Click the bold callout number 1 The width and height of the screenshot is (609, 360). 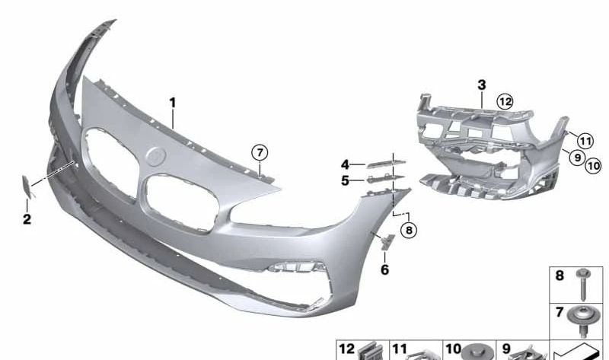(x=173, y=103)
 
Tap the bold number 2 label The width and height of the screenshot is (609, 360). (x=27, y=219)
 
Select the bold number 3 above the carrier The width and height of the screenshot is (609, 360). (x=482, y=84)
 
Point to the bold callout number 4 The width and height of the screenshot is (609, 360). (x=345, y=164)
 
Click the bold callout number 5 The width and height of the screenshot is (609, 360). (x=345, y=180)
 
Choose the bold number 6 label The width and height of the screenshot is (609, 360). (x=384, y=269)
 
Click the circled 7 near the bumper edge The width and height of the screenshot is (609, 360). (x=260, y=152)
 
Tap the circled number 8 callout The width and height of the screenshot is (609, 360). (x=409, y=231)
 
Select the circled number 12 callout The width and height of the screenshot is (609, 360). (x=505, y=102)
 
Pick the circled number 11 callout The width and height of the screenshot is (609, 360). (x=585, y=141)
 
